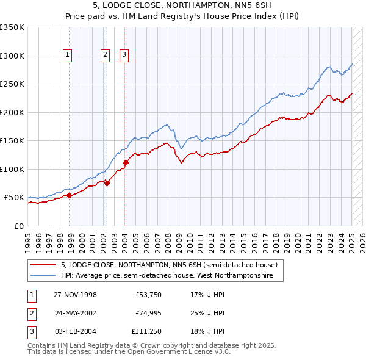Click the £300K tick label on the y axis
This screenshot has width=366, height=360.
pyautogui.click(x=12, y=56)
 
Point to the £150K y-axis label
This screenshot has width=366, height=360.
pyautogui.click(x=12, y=141)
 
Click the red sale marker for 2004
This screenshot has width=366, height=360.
pyautogui.click(x=126, y=162)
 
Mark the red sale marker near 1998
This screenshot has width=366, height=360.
pyautogui.click(x=70, y=195)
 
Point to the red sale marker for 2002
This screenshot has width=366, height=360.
pyautogui.click(x=107, y=182)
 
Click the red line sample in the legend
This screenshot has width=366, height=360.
pyautogui.click(x=43, y=265)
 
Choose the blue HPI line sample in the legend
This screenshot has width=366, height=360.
pyautogui.click(x=43, y=276)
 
